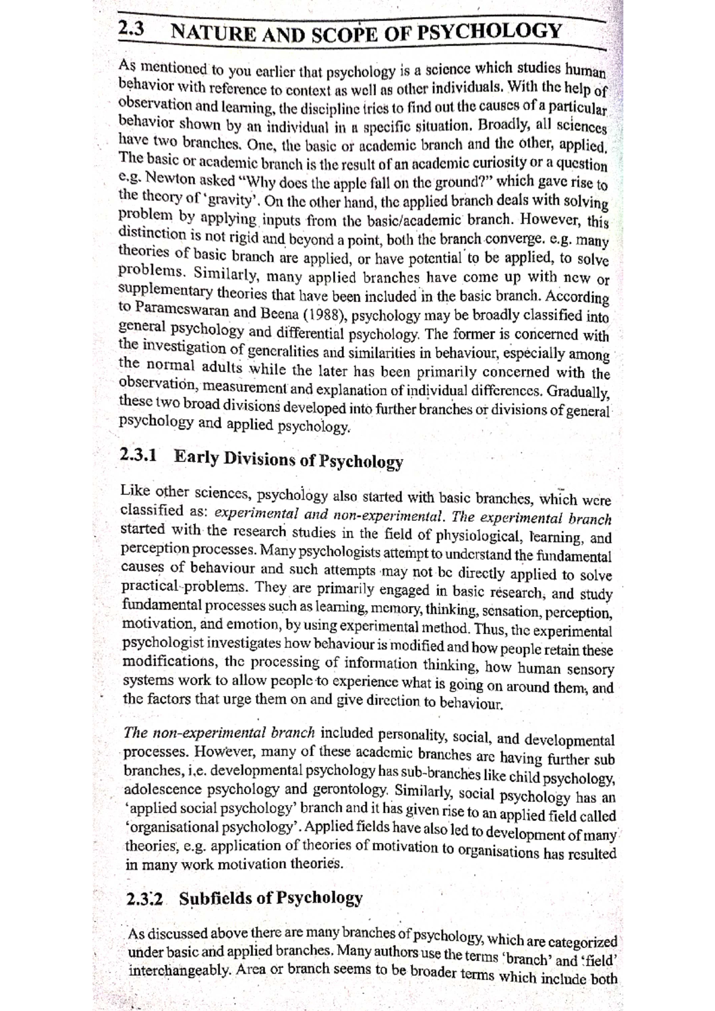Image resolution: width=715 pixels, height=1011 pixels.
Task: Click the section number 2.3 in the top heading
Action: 130,29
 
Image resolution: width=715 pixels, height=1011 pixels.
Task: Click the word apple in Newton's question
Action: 352,182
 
